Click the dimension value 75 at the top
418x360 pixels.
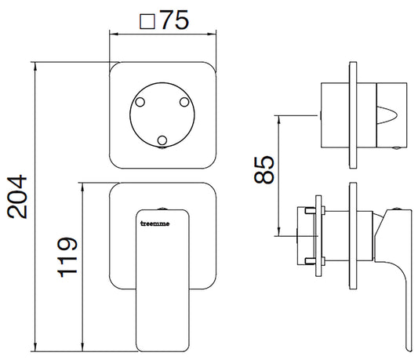pos(175,20)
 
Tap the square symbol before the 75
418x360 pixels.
pos(147,21)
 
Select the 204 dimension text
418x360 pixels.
pos(17,197)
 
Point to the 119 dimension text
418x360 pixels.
pos(67,256)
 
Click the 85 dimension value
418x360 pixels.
pos(264,170)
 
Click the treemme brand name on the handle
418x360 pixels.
pos(154,224)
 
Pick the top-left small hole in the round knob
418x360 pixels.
pos(140,102)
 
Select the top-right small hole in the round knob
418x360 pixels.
pos(184,102)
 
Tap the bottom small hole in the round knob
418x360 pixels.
pos(162,140)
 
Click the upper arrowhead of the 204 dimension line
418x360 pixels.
pos(35,67)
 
